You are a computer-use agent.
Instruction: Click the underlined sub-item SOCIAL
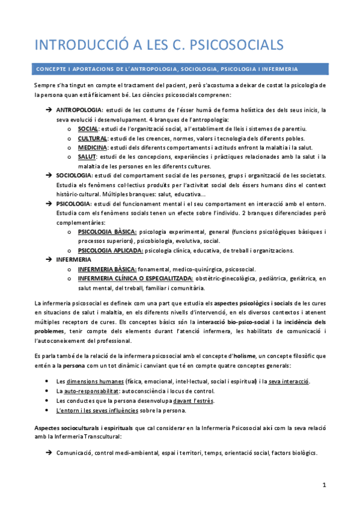[88, 129]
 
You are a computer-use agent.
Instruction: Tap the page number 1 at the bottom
[323, 484]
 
